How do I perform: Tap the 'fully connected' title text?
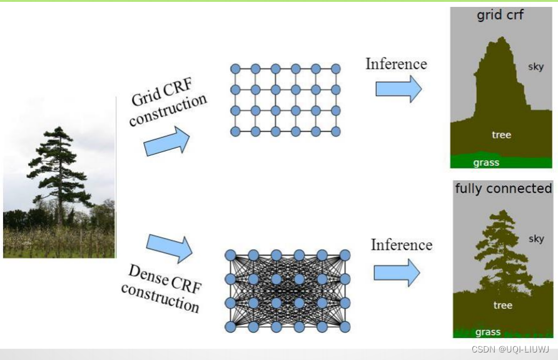coord(503,188)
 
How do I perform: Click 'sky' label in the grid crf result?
coord(535,66)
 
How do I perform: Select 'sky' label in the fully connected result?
coord(536,239)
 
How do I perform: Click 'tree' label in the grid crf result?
coord(501,135)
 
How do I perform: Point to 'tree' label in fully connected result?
coord(502,306)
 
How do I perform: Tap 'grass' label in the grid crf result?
coord(486,163)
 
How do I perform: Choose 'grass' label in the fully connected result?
coord(487,332)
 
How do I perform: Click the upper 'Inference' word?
coord(396,64)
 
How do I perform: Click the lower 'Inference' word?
coord(401,244)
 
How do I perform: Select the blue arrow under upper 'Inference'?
coord(398,89)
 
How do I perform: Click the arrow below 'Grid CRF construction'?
coord(166,141)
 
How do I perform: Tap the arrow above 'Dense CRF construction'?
coord(169,247)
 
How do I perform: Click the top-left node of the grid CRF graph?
coord(235,68)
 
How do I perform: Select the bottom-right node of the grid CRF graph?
coord(336,131)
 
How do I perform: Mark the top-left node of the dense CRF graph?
coord(230,255)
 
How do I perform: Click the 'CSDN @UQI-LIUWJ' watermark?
coord(510,349)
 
